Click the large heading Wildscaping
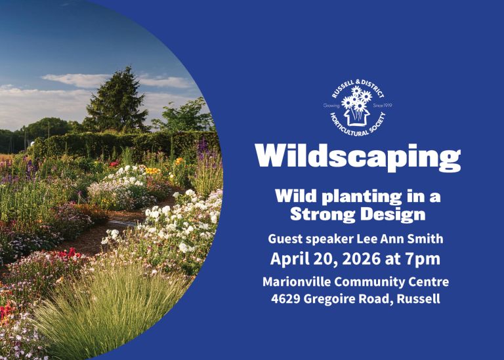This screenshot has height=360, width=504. [358, 157]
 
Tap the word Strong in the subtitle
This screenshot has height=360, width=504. [324, 214]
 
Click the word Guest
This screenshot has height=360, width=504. [284, 239]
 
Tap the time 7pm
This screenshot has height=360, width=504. [423, 258]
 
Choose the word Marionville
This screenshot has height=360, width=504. [295, 282]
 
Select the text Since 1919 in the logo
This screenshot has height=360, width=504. [381, 105]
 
